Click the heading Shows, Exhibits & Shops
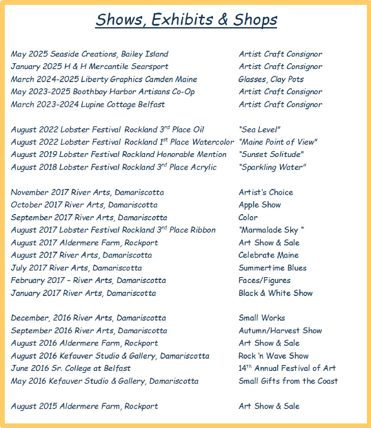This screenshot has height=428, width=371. click(186, 20)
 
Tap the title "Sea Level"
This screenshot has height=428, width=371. click(259, 130)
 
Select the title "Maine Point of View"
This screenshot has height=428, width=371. click(278, 142)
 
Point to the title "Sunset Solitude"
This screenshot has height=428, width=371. click(271, 154)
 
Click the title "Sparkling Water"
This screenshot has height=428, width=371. click(272, 167)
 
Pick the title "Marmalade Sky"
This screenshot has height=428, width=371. click(271, 230)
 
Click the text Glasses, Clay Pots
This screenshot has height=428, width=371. click(271, 79)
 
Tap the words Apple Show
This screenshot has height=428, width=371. click(260, 205)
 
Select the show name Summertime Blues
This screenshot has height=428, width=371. click(272, 268)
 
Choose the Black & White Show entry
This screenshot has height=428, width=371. click(276, 293)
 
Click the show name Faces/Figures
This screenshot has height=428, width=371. click(264, 280)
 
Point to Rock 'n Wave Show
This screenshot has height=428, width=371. click(273, 356)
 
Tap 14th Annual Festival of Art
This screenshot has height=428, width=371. click(287, 368)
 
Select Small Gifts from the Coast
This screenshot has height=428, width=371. click(288, 381)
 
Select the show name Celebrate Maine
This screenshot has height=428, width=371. click(268, 255)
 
